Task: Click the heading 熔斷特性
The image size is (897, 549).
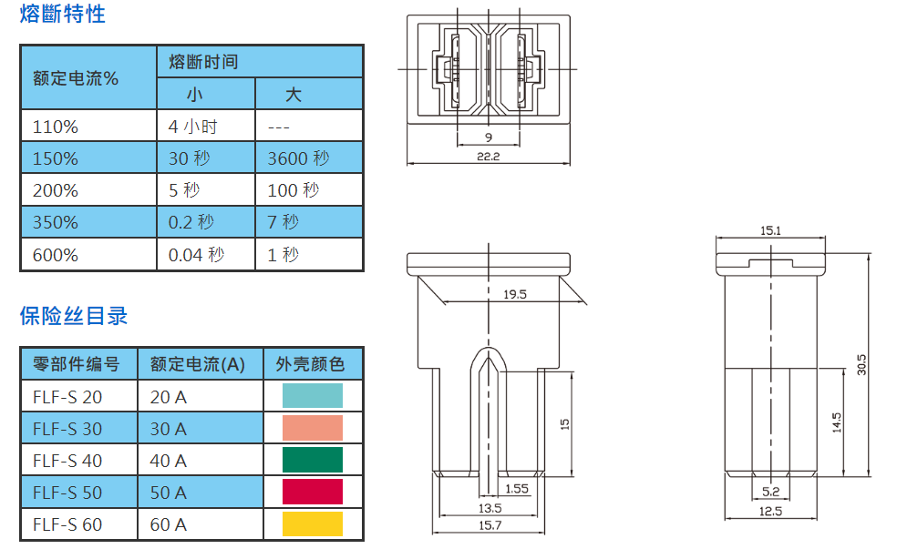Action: tap(62, 15)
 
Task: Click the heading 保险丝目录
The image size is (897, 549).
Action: tap(74, 316)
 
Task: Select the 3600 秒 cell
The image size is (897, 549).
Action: tap(298, 158)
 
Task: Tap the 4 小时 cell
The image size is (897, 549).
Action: tap(193, 127)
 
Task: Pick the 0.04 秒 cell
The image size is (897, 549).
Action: tap(196, 255)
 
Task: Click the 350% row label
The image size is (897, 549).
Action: tap(55, 222)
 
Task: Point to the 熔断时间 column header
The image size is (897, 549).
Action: tap(203, 62)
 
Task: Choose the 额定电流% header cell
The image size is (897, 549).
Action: tap(76, 78)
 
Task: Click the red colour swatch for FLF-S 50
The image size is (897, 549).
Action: tap(312, 492)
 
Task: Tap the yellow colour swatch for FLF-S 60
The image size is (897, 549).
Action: tap(312, 524)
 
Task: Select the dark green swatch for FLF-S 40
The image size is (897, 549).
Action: tap(312, 460)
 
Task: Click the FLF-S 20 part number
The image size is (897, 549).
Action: tap(67, 397)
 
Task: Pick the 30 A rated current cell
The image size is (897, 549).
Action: tap(168, 429)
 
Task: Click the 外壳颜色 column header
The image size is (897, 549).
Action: tap(310, 365)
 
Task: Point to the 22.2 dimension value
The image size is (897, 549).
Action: tap(489, 156)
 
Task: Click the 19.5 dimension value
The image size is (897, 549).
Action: tap(515, 293)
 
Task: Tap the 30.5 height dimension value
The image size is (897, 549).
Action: tap(861, 363)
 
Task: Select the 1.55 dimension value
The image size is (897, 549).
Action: tap(517, 489)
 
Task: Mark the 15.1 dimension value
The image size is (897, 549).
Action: tap(770, 231)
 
